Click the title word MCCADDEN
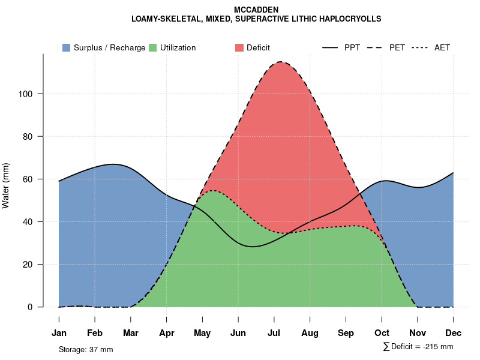[256, 10]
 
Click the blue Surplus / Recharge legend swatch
[67, 47]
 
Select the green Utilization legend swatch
[153, 47]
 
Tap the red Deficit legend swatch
[239, 47]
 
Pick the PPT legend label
[352, 47]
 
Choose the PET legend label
[397, 47]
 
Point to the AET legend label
[442, 47]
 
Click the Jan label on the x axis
[59, 333]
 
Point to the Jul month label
[274, 333]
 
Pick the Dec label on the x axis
[454, 333]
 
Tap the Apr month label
[167, 333]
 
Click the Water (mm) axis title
[6, 186]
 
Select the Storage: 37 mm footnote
[86, 349]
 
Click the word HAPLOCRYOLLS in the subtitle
[352, 19]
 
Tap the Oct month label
[382, 333]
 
